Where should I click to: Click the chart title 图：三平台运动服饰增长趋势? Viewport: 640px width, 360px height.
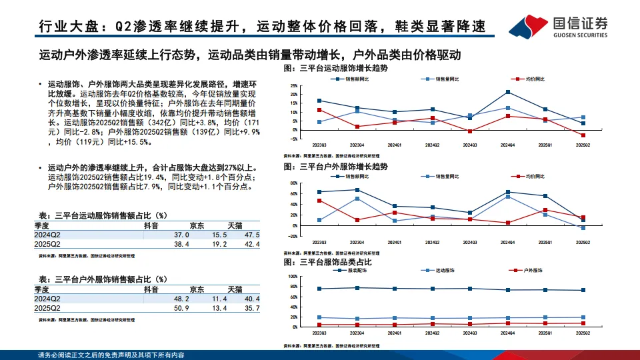(335, 69)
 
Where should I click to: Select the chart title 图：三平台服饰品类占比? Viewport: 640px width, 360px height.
(327, 263)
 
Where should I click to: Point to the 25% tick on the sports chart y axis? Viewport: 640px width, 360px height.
(295, 86)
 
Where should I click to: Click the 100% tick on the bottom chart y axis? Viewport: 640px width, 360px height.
(294, 276)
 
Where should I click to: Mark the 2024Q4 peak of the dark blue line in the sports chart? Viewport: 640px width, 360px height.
(508, 92)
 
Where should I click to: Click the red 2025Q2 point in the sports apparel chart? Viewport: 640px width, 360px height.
(583, 135)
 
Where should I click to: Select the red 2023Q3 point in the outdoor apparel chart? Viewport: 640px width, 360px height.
(320, 201)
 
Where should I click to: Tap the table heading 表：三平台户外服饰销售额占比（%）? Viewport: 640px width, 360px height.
(103, 279)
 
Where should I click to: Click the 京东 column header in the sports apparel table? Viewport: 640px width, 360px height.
(197, 226)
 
